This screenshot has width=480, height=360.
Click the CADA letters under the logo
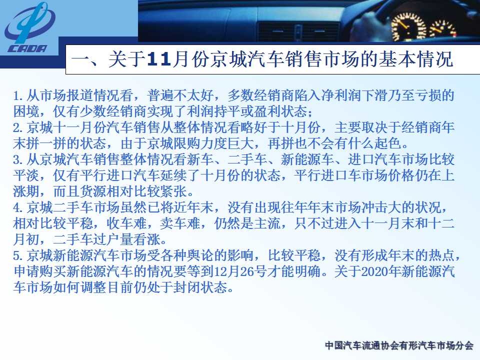click(x=27, y=48)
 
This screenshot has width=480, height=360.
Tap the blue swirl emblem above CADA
click(x=30, y=23)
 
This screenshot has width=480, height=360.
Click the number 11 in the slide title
click(x=158, y=59)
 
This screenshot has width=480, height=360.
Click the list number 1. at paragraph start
click(x=18, y=96)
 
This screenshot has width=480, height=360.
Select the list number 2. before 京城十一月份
click(x=18, y=128)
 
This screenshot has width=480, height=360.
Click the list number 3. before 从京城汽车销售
click(x=18, y=160)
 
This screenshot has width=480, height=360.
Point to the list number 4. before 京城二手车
click(x=18, y=207)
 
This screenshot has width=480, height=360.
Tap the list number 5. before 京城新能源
click(x=18, y=255)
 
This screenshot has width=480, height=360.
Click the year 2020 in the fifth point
click(x=373, y=271)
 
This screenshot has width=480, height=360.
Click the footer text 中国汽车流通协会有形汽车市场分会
click(x=399, y=345)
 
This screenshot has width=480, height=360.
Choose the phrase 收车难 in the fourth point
click(x=126, y=223)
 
